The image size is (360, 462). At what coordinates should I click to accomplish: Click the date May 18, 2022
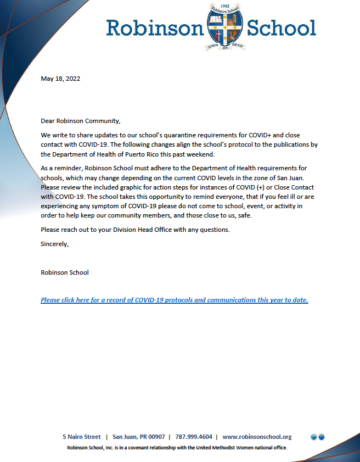60,79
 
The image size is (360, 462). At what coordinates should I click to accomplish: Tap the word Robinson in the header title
155,27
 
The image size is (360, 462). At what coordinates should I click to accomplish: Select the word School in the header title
282,27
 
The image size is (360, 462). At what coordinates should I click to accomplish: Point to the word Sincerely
55,244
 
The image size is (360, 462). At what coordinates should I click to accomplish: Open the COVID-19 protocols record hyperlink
175,300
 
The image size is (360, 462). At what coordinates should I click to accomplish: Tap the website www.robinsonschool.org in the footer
257,437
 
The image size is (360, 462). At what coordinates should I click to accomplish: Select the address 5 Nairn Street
82,437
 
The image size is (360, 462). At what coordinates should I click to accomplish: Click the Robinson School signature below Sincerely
65,272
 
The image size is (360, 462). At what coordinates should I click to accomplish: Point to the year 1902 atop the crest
225,5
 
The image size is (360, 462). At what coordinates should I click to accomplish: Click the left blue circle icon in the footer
314,437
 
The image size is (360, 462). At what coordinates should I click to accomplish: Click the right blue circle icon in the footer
322,437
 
